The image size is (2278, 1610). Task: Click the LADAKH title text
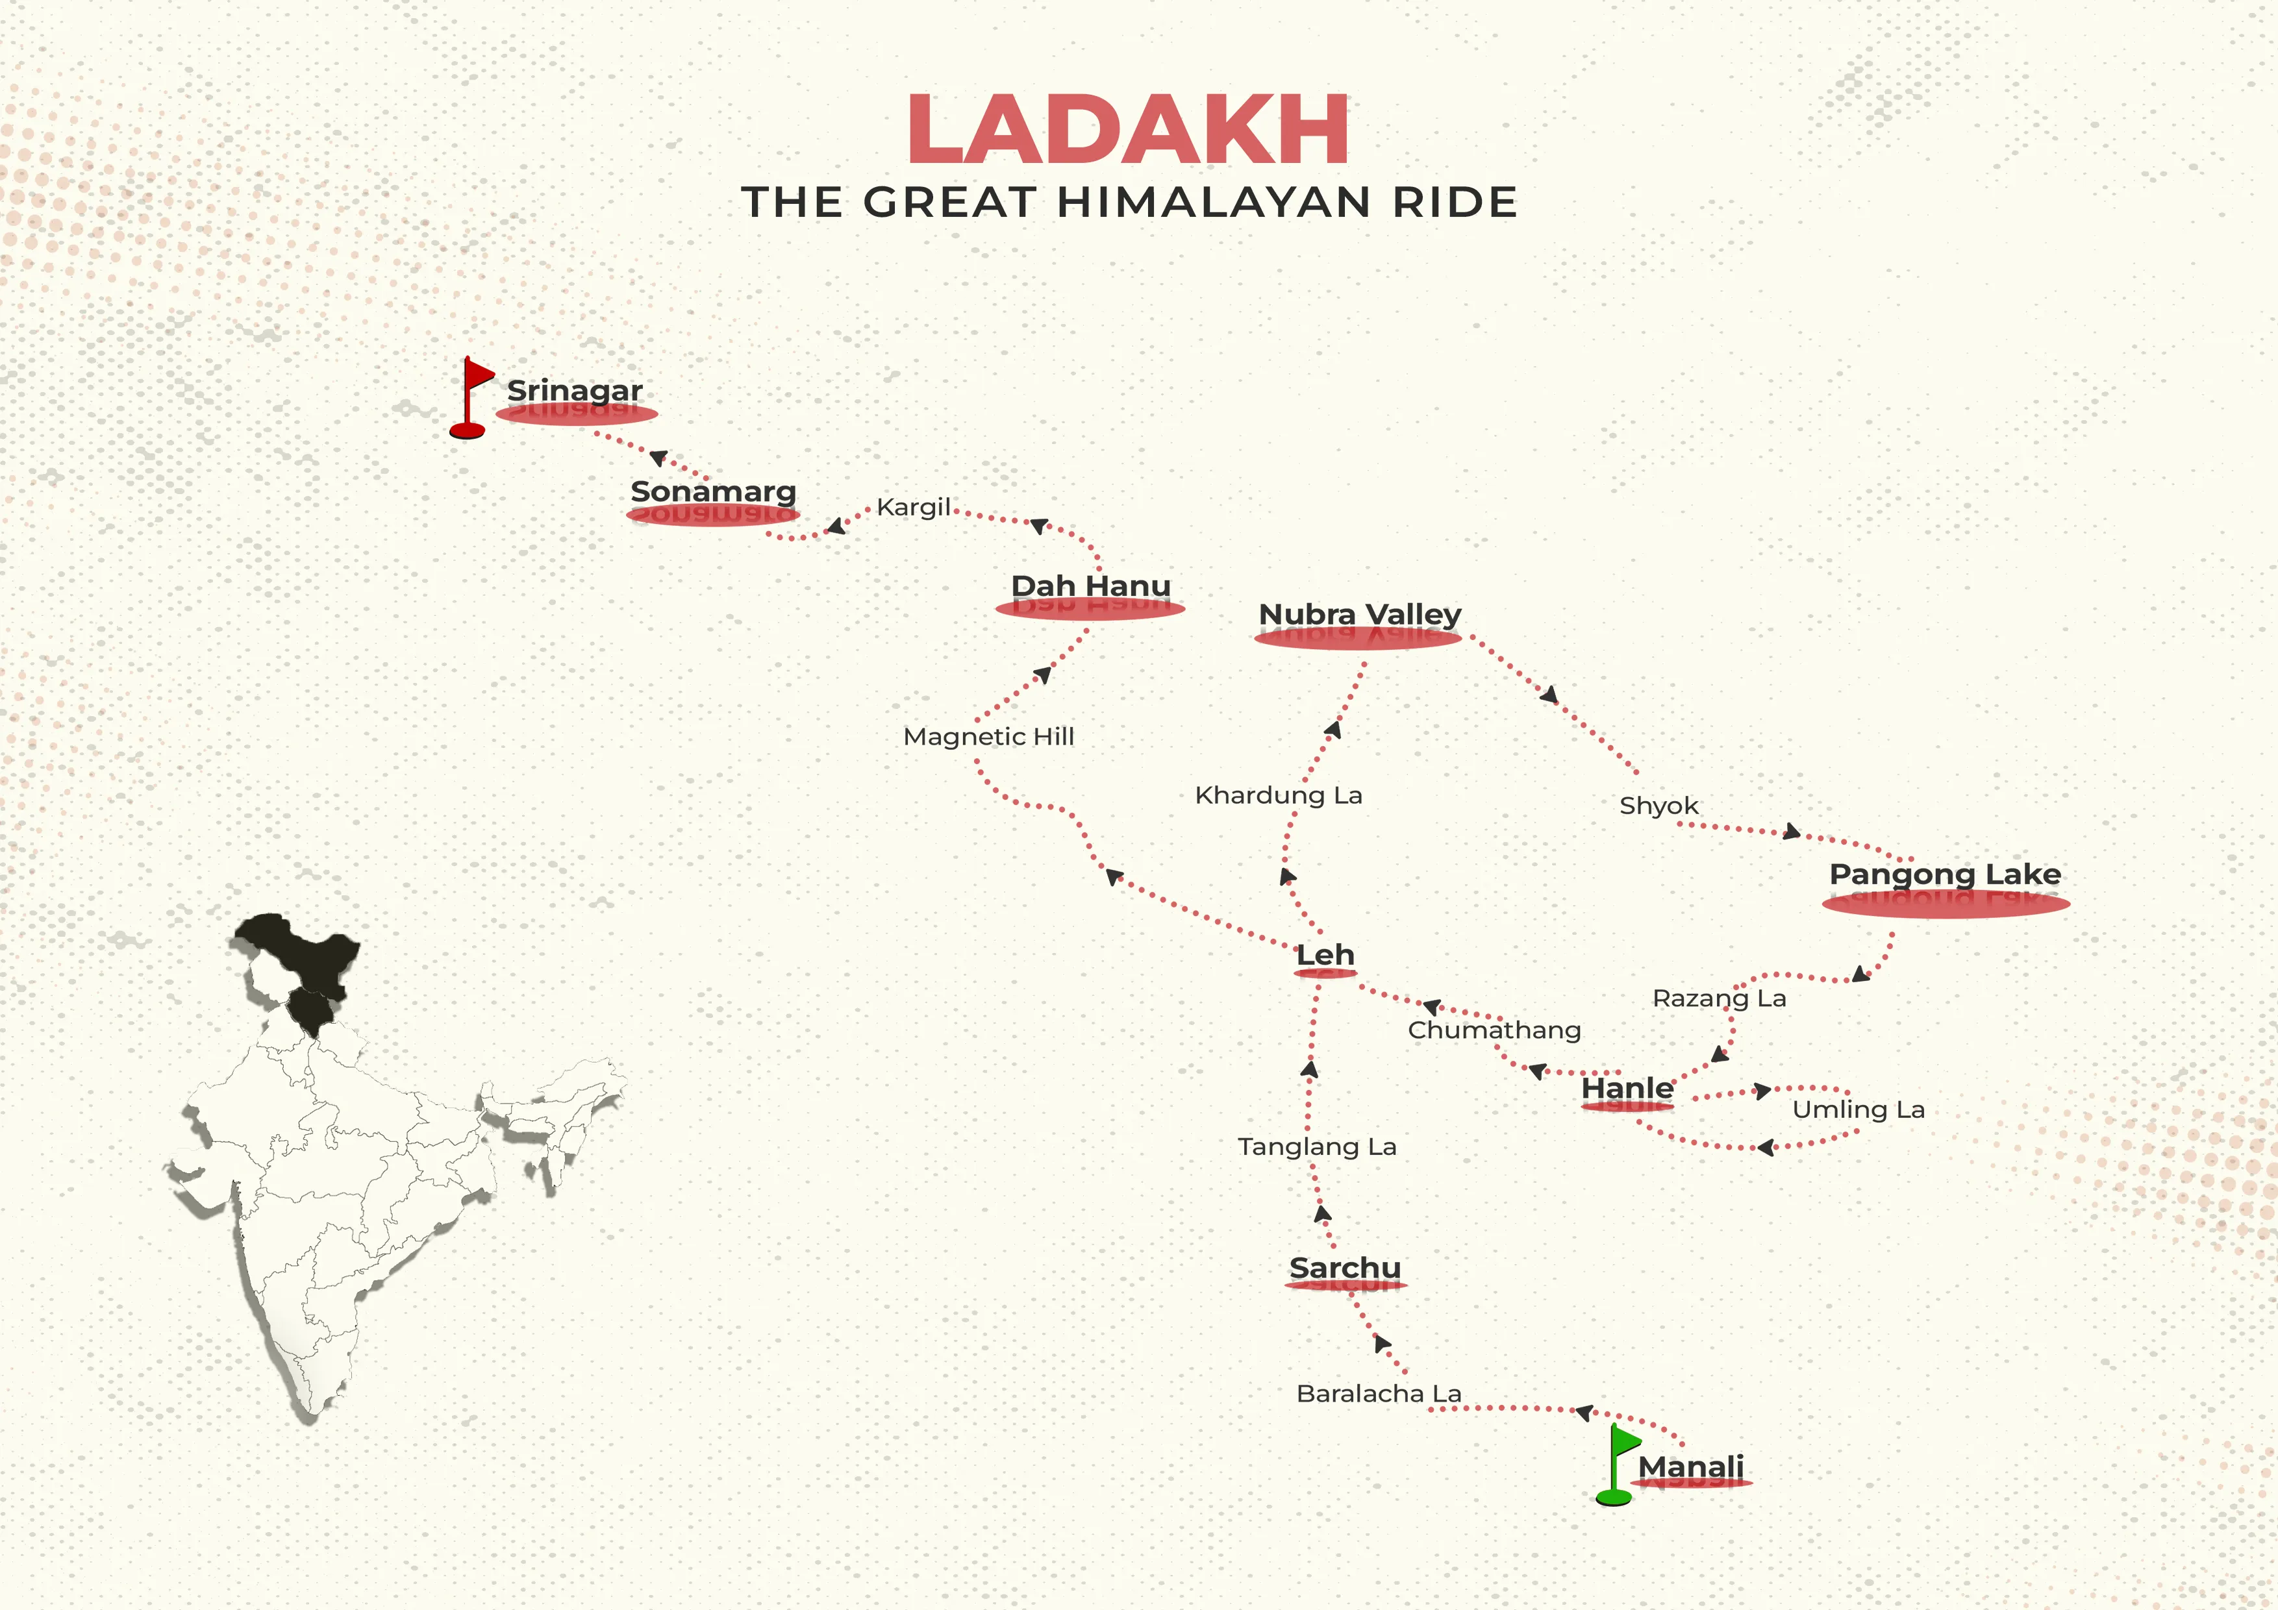[1128, 129]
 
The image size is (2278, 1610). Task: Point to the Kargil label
[913, 507]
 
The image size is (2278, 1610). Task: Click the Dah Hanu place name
[1090, 586]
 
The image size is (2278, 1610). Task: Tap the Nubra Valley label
[1359, 614]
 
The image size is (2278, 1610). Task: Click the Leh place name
[1325, 954]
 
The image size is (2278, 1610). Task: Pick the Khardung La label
[1278, 795]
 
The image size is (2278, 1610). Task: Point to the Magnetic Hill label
[988, 736]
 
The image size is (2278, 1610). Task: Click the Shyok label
[1658, 806]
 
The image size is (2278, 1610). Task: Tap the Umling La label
[1857, 1109]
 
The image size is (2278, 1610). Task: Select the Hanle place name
[1626, 1087]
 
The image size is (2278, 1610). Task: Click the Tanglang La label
[1316, 1146]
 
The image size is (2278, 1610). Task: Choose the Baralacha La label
[1378, 1394]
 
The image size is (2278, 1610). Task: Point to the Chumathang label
[1493, 1030]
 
